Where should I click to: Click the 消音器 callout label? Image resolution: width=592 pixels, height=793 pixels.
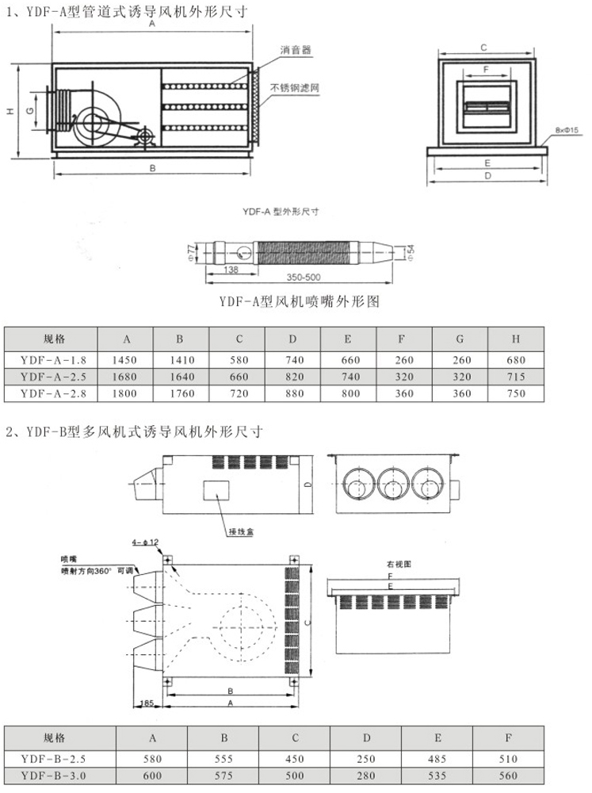click(294, 50)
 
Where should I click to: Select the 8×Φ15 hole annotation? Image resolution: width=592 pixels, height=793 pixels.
click(567, 129)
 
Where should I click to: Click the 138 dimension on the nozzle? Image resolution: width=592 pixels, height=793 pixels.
click(231, 270)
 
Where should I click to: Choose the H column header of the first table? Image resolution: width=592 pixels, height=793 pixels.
click(515, 339)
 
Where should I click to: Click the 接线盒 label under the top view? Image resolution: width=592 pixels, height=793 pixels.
click(239, 531)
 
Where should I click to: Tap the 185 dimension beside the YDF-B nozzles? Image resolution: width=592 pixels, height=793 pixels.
click(145, 703)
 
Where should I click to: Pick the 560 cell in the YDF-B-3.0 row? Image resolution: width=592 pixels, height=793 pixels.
click(508, 776)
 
